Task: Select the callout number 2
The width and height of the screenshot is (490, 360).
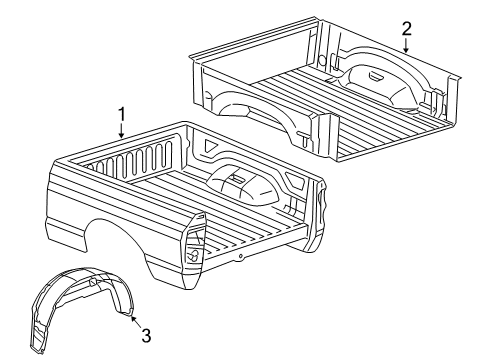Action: tap(406, 28)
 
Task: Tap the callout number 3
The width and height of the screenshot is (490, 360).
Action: tap(146, 336)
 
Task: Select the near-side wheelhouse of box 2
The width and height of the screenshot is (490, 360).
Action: tap(250, 110)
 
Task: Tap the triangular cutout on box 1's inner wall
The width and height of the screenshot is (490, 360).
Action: tap(212, 147)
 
